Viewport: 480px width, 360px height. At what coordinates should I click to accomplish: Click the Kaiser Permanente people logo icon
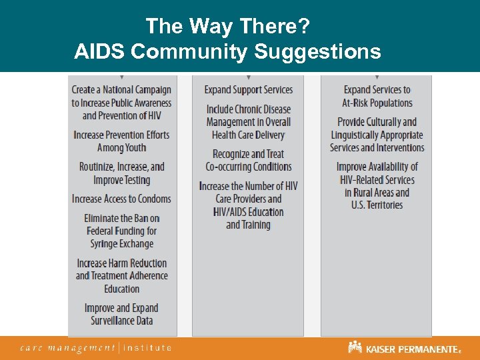point(355,347)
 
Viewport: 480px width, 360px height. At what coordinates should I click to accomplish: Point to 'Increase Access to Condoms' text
point(122,199)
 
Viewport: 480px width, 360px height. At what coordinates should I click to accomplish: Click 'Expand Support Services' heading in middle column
point(249,90)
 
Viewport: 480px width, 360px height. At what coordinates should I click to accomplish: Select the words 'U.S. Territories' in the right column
point(377,205)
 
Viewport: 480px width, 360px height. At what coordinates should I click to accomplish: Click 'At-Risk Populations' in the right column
point(377,103)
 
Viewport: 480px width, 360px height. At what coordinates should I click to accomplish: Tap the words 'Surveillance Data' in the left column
point(122,321)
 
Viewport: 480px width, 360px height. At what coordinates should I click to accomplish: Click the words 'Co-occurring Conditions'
point(249,167)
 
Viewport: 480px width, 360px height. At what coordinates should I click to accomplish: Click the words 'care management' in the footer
point(67,347)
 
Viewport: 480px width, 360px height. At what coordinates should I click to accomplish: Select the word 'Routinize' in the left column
point(101,167)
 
